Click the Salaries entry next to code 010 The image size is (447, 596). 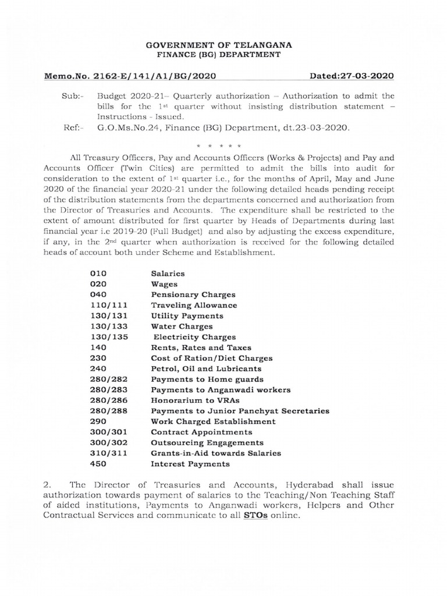coord(168,272)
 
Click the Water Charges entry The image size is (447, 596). coord(182,327)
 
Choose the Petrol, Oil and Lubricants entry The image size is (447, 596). coord(206,369)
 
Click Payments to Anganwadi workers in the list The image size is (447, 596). coord(221,390)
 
